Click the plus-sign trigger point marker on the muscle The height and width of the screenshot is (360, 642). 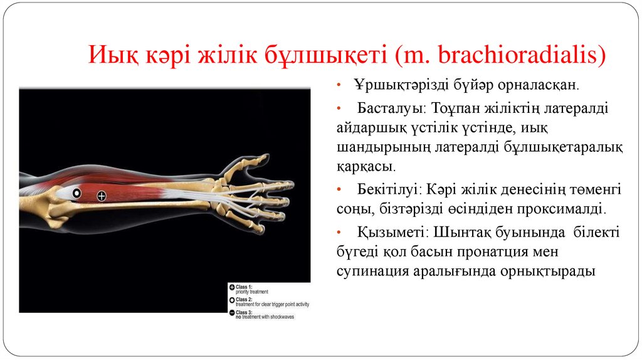pos(102,196)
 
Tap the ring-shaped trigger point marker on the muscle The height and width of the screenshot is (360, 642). pos(76,193)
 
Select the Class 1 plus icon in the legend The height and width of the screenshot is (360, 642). pos(231,287)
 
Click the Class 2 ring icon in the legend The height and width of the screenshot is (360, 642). pos(231,300)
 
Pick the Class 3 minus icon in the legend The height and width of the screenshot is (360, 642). pos(231,312)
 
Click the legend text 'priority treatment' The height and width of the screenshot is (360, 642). pos(251,292)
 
